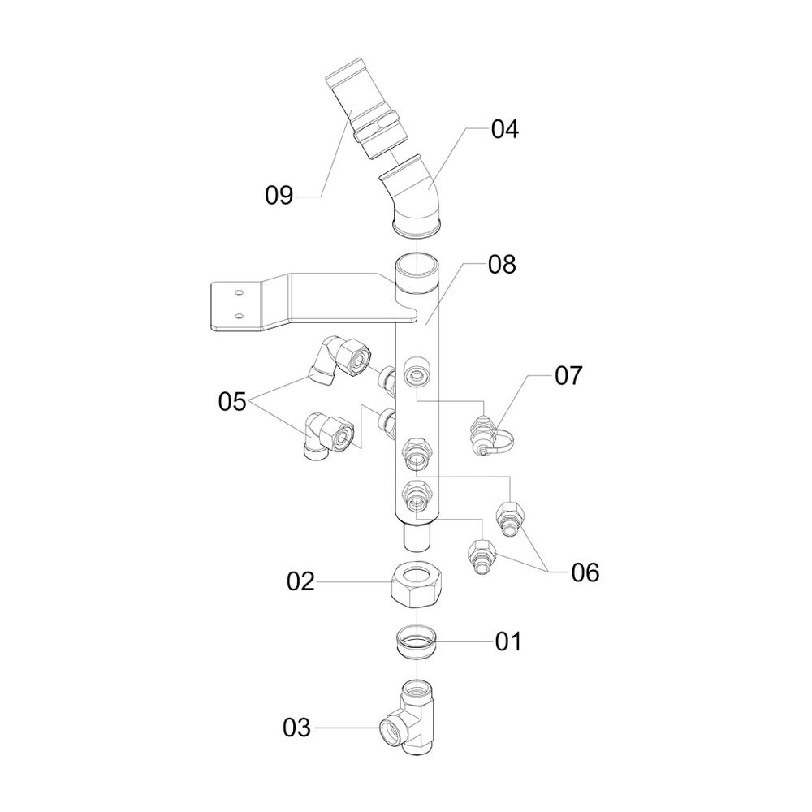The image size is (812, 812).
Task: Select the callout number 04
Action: point(504,130)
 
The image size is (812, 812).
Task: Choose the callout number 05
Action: point(231,401)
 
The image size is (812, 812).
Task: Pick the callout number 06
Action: point(585,573)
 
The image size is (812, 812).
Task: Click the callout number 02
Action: point(300,581)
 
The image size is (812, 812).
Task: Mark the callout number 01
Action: point(508,641)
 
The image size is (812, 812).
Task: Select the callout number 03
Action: point(297,728)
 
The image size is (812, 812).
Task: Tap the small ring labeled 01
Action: point(416,641)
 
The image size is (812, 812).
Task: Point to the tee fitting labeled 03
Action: point(413,715)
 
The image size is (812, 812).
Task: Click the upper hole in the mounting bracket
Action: point(238,290)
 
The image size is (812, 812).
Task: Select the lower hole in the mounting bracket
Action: point(238,314)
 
